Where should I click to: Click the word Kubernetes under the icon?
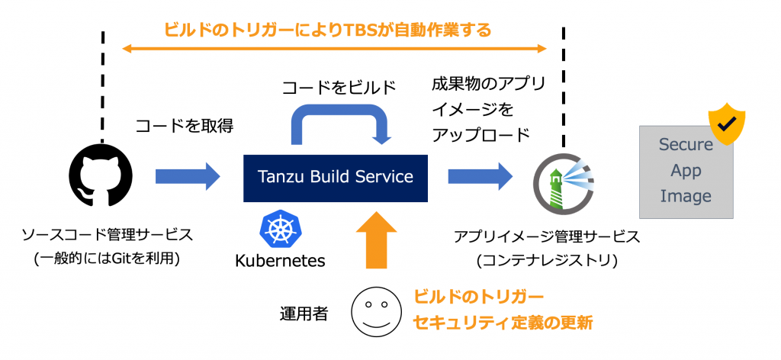[x=280, y=260]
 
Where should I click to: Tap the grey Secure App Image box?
[x=686, y=172]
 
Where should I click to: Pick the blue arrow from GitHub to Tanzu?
[x=188, y=177]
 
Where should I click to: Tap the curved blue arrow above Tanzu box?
[x=342, y=121]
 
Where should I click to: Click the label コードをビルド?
[x=339, y=88]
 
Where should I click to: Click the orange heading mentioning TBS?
[x=327, y=31]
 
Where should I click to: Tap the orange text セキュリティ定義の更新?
[x=503, y=323]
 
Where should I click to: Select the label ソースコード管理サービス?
[x=106, y=236]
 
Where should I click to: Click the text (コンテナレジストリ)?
[x=547, y=260]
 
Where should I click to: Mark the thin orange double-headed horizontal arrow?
[x=335, y=49]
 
